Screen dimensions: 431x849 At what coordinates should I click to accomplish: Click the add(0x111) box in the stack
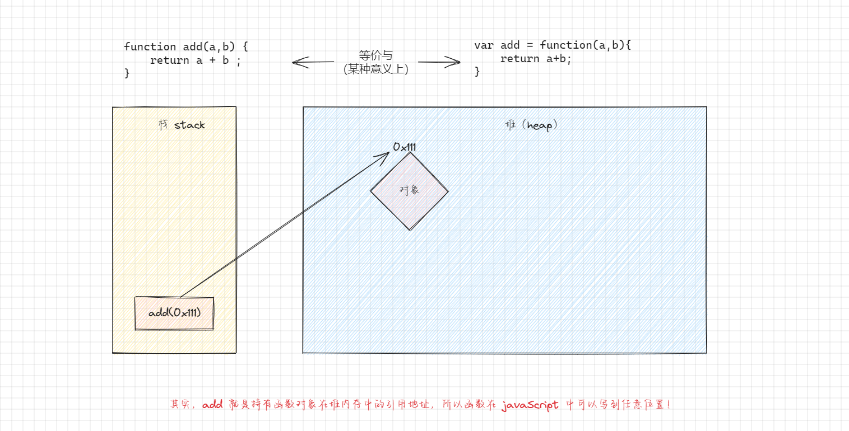click(x=174, y=313)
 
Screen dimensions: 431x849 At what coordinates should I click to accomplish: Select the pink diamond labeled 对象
click(x=409, y=190)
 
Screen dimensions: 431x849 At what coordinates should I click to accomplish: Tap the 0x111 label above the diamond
click(x=404, y=147)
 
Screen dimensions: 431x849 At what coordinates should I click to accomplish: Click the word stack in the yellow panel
click(x=189, y=125)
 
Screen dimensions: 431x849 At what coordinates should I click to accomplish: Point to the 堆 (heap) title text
click(x=531, y=125)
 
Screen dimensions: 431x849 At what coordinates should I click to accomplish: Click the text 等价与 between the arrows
click(x=375, y=55)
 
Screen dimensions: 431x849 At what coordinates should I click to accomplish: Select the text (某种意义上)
click(x=375, y=69)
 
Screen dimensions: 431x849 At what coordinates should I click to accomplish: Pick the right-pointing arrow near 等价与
click(x=439, y=62)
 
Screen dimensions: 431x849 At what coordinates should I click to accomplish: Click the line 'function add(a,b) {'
click(x=185, y=46)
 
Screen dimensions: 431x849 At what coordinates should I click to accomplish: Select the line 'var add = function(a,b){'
click(x=553, y=45)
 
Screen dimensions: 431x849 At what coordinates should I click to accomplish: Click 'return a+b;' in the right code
click(x=536, y=59)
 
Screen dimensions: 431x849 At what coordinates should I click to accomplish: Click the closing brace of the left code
click(x=127, y=73)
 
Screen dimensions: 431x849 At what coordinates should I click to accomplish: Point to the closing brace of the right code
click(x=477, y=71)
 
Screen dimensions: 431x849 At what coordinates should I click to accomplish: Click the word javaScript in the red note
click(x=530, y=405)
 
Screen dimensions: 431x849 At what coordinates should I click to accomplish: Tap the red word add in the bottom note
click(x=213, y=405)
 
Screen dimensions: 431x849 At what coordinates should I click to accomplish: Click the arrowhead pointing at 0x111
click(x=384, y=156)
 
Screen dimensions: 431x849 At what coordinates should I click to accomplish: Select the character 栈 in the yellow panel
click(x=163, y=125)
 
